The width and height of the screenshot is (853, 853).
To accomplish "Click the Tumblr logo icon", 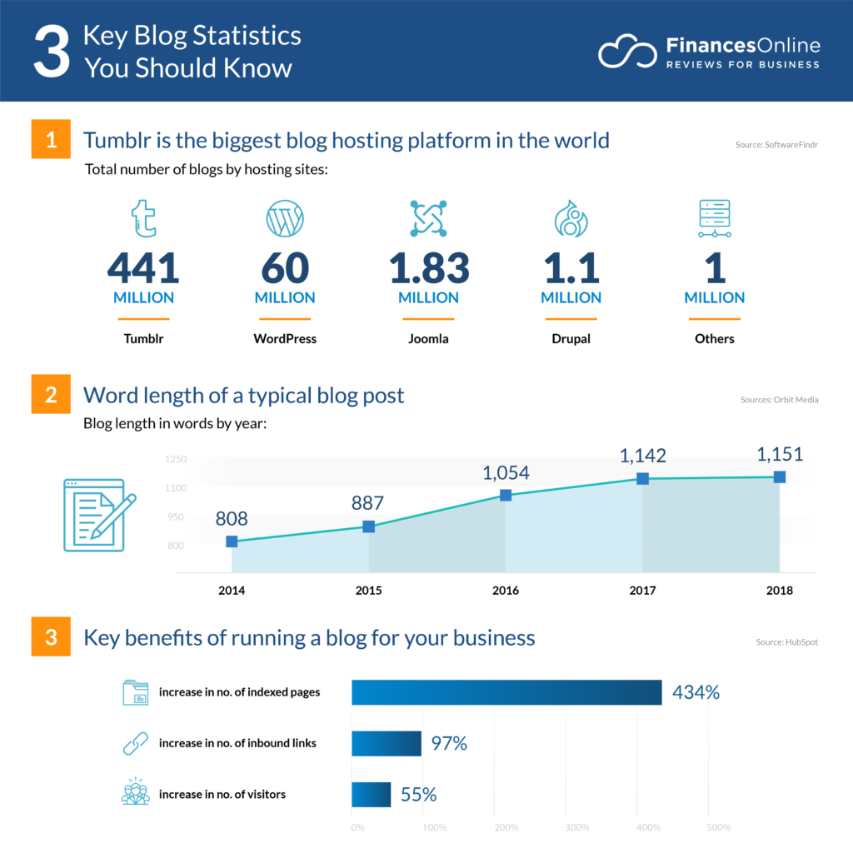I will (143, 219).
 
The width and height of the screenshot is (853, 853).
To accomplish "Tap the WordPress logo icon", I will (285, 219).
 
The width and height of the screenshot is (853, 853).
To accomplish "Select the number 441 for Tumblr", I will (143, 267).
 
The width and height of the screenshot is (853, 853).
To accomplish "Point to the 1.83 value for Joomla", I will (429, 267).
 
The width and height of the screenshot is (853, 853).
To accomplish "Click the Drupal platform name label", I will (571, 339).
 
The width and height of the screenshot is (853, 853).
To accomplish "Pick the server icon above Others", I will (714, 219).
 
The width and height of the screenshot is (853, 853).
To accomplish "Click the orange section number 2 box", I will (51, 395).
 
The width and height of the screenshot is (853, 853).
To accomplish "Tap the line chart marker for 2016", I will (506, 496).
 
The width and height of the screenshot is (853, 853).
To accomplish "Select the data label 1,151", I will (779, 455).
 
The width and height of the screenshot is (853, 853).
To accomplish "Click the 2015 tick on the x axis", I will (369, 591).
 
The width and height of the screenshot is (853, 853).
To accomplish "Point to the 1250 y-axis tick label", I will (175, 459).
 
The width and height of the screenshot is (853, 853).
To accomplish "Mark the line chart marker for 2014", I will (232, 541).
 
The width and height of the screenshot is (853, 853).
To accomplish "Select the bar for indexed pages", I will (506, 692).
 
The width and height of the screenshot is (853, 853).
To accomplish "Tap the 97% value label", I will (449, 743).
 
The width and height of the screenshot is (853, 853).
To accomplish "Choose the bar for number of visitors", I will (371, 794).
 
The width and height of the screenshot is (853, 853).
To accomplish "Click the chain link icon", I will (135, 743).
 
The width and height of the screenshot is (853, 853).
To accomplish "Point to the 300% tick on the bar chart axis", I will (576, 828).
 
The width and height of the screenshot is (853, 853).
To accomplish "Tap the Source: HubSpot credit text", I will (786, 642).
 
